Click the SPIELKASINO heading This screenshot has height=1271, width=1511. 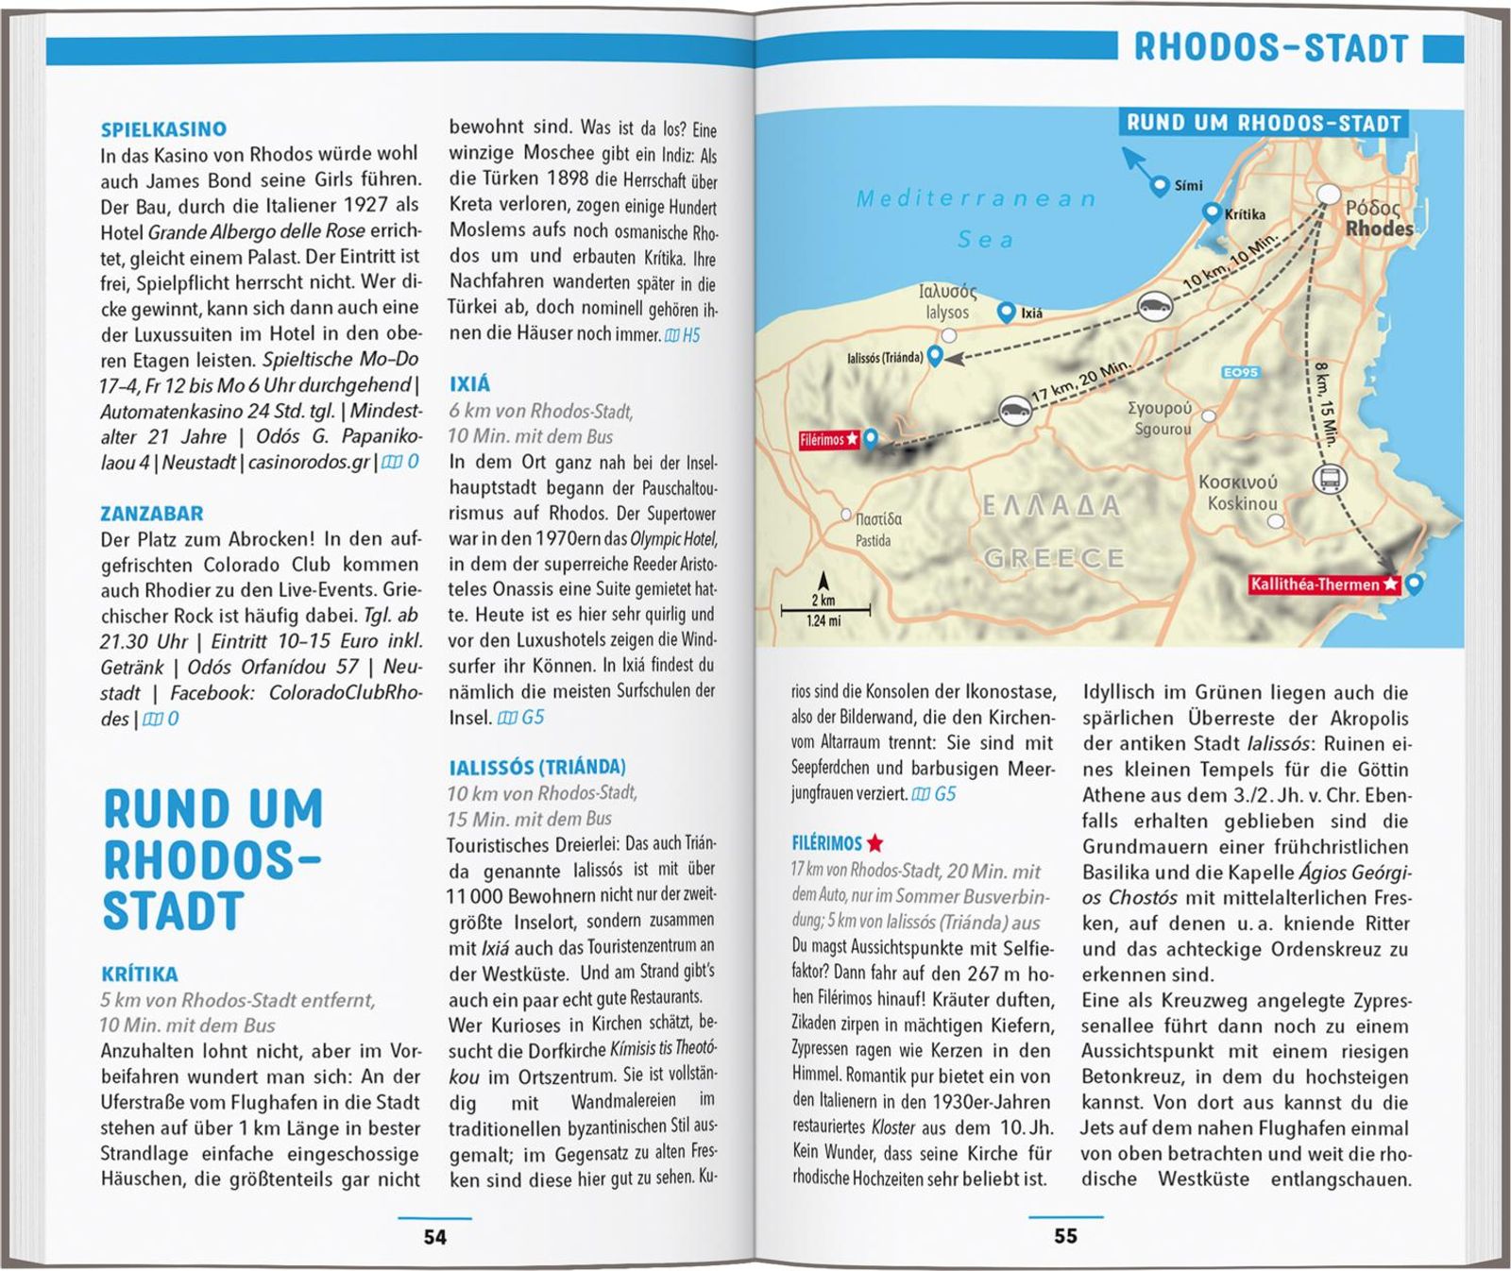click(x=163, y=129)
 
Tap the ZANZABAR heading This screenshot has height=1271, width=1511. click(x=152, y=514)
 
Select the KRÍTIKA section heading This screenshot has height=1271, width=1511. click(x=140, y=974)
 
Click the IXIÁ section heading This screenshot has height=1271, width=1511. click(x=469, y=384)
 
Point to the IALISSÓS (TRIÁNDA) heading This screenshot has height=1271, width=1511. click(x=536, y=767)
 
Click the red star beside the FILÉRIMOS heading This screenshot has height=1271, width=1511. click(x=875, y=842)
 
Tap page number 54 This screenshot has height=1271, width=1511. click(x=434, y=1237)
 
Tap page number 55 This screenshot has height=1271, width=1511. click(x=1065, y=1236)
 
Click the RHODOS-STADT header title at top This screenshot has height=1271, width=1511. click(x=1270, y=47)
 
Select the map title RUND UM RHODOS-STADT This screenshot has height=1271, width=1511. click(x=1264, y=123)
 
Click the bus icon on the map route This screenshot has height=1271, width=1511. click(x=1329, y=479)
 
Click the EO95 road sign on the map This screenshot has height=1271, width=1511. click(x=1240, y=372)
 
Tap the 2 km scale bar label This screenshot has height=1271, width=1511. click(x=823, y=601)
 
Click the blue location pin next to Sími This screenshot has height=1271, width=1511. click(x=1160, y=187)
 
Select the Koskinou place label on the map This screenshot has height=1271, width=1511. click(x=1241, y=504)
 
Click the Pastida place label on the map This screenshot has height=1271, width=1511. click(x=873, y=541)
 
